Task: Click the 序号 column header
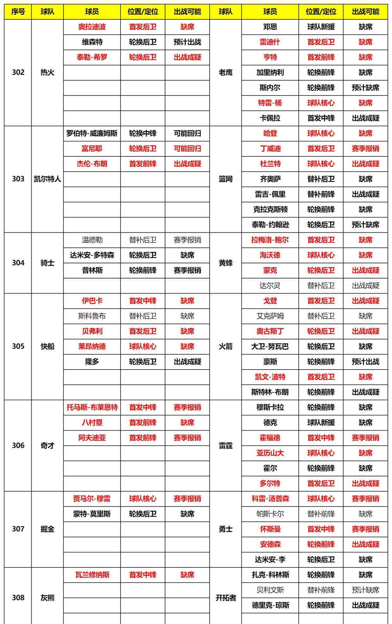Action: click(18, 12)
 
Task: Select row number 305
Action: click(18, 346)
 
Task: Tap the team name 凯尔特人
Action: click(47, 179)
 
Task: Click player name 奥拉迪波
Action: click(92, 27)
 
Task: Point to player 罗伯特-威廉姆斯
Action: click(92, 133)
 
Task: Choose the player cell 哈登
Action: click(270, 133)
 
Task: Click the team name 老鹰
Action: click(225, 72)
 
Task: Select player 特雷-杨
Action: click(270, 103)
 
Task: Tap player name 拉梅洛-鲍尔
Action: click(270, 240)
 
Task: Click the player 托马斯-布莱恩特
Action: click(92, 407)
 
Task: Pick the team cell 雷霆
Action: click(225, 445)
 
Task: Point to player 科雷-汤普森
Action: click(270, 499)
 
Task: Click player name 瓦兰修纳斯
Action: click(92, 575)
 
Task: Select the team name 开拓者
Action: click(225, 598)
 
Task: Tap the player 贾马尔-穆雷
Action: click(92, 499)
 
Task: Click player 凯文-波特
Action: click(270, 377)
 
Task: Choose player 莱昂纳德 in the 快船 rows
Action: click(92, 346)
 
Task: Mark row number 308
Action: click(18, 597)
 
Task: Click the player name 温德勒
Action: click(92, 240)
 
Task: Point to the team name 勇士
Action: click(225, 529)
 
